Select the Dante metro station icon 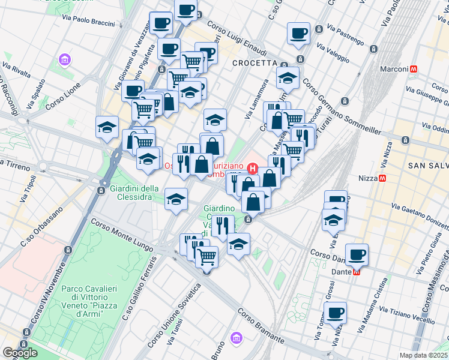click(357, 271)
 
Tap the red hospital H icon click(253, 169)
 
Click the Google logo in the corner click(20, 353)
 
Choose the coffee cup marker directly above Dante click(357, 254)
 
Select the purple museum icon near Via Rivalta click(64, 60)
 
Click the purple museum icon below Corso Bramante click(238, 338)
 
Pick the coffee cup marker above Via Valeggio click(298, 34)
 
